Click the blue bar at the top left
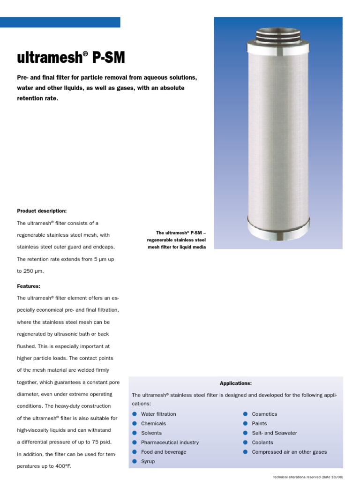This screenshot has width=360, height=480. coord(60,22)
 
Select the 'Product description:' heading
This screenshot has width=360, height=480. coord(42,211)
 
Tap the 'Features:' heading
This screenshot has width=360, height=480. coord(29,285)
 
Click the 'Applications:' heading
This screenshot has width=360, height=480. coord(236,383)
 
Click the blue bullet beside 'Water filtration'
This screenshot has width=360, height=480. coord(135,414)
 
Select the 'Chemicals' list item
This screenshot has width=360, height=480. coord(153,423)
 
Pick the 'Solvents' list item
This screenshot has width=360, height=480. coord(151,433)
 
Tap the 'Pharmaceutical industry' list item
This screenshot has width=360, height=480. coord(170,442)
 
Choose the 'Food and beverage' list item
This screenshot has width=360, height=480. coord(164,452)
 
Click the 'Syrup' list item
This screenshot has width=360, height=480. coord(148,462)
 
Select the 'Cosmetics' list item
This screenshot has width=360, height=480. coord(264,414)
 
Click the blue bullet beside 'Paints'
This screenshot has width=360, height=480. coord(245,423)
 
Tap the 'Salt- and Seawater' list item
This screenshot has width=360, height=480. coord(274,433)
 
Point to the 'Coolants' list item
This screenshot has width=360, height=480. coord(262,442)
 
